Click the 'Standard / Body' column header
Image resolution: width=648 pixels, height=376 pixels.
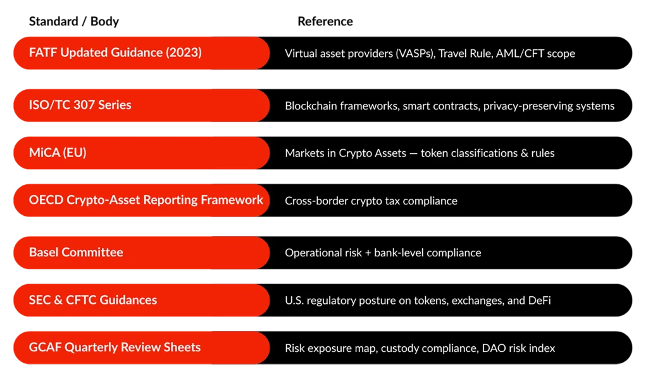click(74, 21)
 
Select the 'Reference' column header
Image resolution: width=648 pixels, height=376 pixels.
click(325, 21)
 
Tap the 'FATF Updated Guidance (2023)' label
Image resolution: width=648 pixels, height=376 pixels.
click(115, 53)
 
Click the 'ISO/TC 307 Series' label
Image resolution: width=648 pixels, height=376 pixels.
click(80, 105)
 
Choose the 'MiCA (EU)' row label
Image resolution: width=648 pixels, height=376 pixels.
click(58, 153)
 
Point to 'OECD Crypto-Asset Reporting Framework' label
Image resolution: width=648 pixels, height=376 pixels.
click(146, 200)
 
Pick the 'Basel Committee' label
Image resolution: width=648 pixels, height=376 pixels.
click(76, 252)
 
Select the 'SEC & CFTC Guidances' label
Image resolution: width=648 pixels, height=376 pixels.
click(93, 299)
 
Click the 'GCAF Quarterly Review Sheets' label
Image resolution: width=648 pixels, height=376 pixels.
click(115, 348)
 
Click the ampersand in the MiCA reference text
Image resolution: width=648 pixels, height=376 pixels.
click(525, 153)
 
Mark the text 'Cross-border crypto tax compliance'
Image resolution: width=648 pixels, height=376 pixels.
click(371, 201)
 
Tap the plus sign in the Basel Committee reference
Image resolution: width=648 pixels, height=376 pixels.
click(368, 253)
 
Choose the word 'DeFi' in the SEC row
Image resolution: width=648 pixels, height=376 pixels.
click(540, 301)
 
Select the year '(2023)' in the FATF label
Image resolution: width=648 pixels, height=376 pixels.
click(184, 53)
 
